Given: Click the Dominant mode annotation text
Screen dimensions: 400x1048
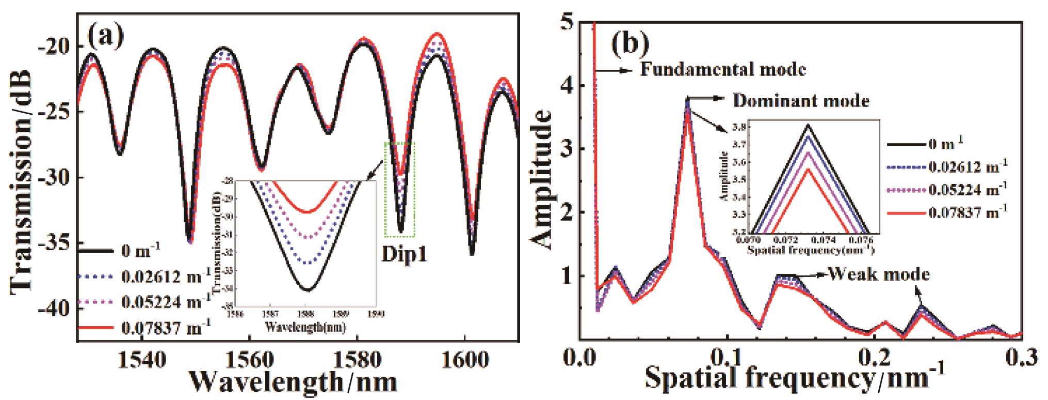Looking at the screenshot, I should [x=800, y=101].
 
